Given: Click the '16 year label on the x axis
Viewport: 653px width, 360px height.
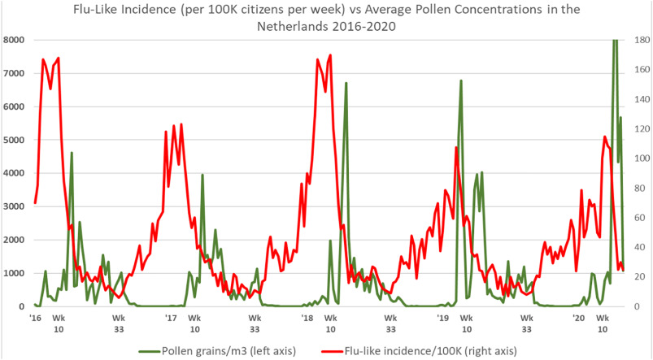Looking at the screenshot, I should coord(35,318).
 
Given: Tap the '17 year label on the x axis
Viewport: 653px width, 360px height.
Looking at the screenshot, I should coord(171,318).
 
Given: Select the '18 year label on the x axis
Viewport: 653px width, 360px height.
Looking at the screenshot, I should coord(307,318).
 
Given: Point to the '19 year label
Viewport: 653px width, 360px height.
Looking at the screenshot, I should coord(443,318).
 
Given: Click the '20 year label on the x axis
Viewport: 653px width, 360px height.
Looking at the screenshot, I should coord(579,318).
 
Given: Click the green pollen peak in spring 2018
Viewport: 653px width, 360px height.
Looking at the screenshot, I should coord(346,84).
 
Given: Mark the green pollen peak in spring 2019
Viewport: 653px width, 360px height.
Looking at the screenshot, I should coord(461,81).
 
